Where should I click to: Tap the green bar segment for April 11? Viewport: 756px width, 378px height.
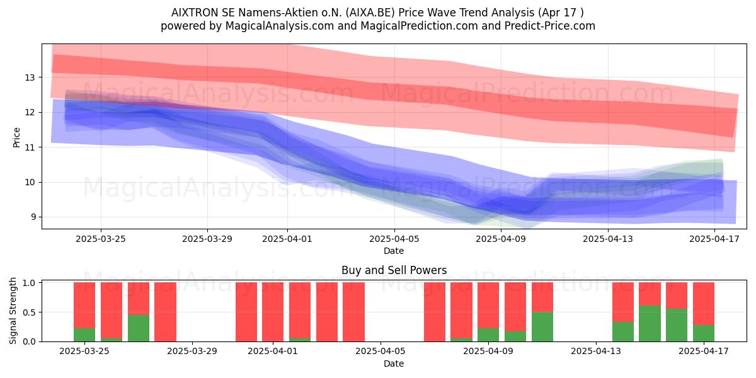tap(542, 327)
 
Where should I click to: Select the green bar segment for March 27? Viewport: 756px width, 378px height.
tap(139, 328)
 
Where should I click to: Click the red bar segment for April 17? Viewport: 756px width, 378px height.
tap(704, 304)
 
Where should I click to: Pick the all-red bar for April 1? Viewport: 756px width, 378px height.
tap(273, 312)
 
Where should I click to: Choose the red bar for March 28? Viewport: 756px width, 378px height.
tap(165, 312)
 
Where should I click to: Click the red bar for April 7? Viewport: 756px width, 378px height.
tap(435, 312)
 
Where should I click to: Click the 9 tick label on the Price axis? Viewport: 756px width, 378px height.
tap(33, 217)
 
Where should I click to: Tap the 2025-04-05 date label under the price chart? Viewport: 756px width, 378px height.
tap(394, 239)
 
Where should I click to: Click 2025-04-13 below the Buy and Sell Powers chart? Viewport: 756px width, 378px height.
tap(596, 352)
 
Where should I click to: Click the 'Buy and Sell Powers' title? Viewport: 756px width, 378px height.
tap(394, 270)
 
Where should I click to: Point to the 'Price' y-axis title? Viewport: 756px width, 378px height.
tap(16, 137)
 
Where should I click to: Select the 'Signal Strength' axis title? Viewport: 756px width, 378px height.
tap(13, 311)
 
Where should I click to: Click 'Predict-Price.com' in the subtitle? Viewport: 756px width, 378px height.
tap(550, 26)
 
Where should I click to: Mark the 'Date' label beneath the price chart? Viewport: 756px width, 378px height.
tap(394, 251)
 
